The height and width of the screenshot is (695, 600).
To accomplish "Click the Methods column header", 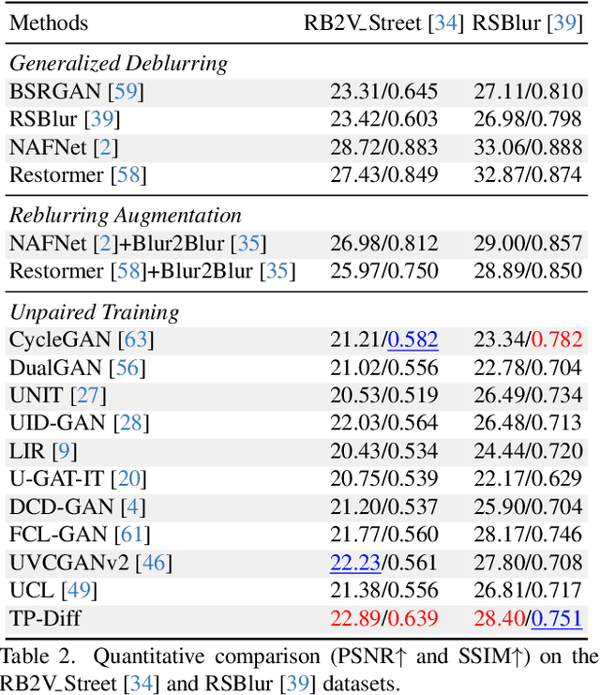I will [x=49, y=23].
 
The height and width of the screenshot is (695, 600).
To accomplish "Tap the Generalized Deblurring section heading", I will [x=119, y=64].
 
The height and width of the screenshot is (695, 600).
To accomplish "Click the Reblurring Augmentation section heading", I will [x=126, y=216].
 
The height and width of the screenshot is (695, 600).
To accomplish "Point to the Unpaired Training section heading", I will [x=94, y=311].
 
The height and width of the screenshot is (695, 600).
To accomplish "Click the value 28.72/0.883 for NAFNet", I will [x=383, y=147].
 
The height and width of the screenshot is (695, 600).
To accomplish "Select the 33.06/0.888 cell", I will [x=529, y=147].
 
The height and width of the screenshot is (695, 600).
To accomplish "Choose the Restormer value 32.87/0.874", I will [x=529, y=174].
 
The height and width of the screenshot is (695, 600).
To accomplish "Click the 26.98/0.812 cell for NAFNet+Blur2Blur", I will [x=383, y=244].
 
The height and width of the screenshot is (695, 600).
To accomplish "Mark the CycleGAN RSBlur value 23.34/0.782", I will [x=529, y=340].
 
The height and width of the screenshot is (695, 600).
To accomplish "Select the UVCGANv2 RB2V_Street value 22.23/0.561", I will [x=383, y=563].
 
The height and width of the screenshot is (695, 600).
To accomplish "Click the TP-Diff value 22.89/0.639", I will [x=383, y=618].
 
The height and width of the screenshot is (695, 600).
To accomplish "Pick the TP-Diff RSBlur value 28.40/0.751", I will [x=529, y=618].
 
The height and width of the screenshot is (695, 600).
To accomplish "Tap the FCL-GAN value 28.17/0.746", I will [x=529, y=535].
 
